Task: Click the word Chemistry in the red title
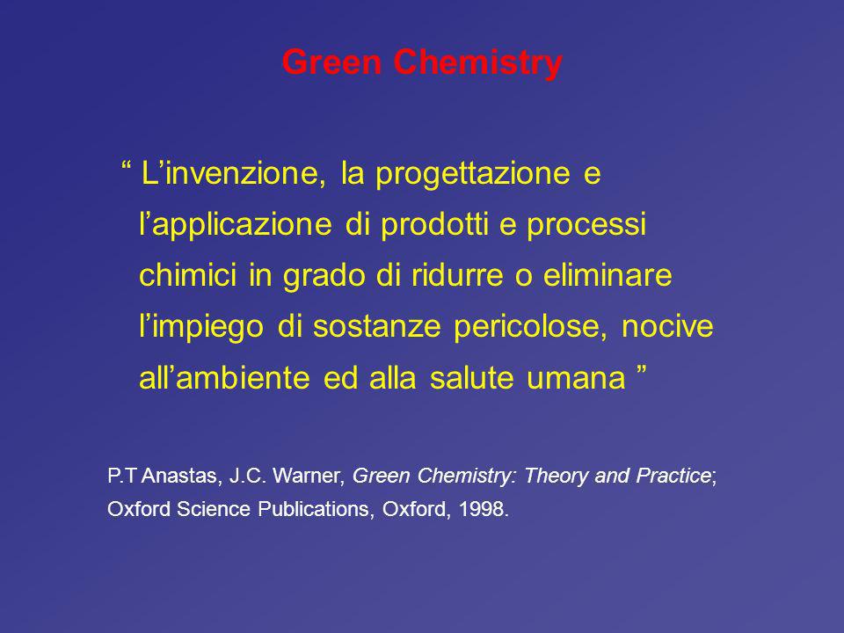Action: coord(477,63)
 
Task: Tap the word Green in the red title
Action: coord(331,62)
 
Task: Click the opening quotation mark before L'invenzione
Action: coord(127,165)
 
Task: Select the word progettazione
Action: coord(473,174)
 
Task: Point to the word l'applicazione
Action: coord(236,224)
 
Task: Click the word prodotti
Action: coord(434,223)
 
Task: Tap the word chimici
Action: coord(188,274)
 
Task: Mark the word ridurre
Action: coord(457,274)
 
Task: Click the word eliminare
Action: coord(608,274)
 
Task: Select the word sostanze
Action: coord(377,327)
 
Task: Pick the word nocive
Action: coord(667,325)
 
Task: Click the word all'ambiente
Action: coord(224,377)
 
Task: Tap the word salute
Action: coord(472,377)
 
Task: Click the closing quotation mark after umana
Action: coord(641,369)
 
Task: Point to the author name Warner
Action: coord(309,476)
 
